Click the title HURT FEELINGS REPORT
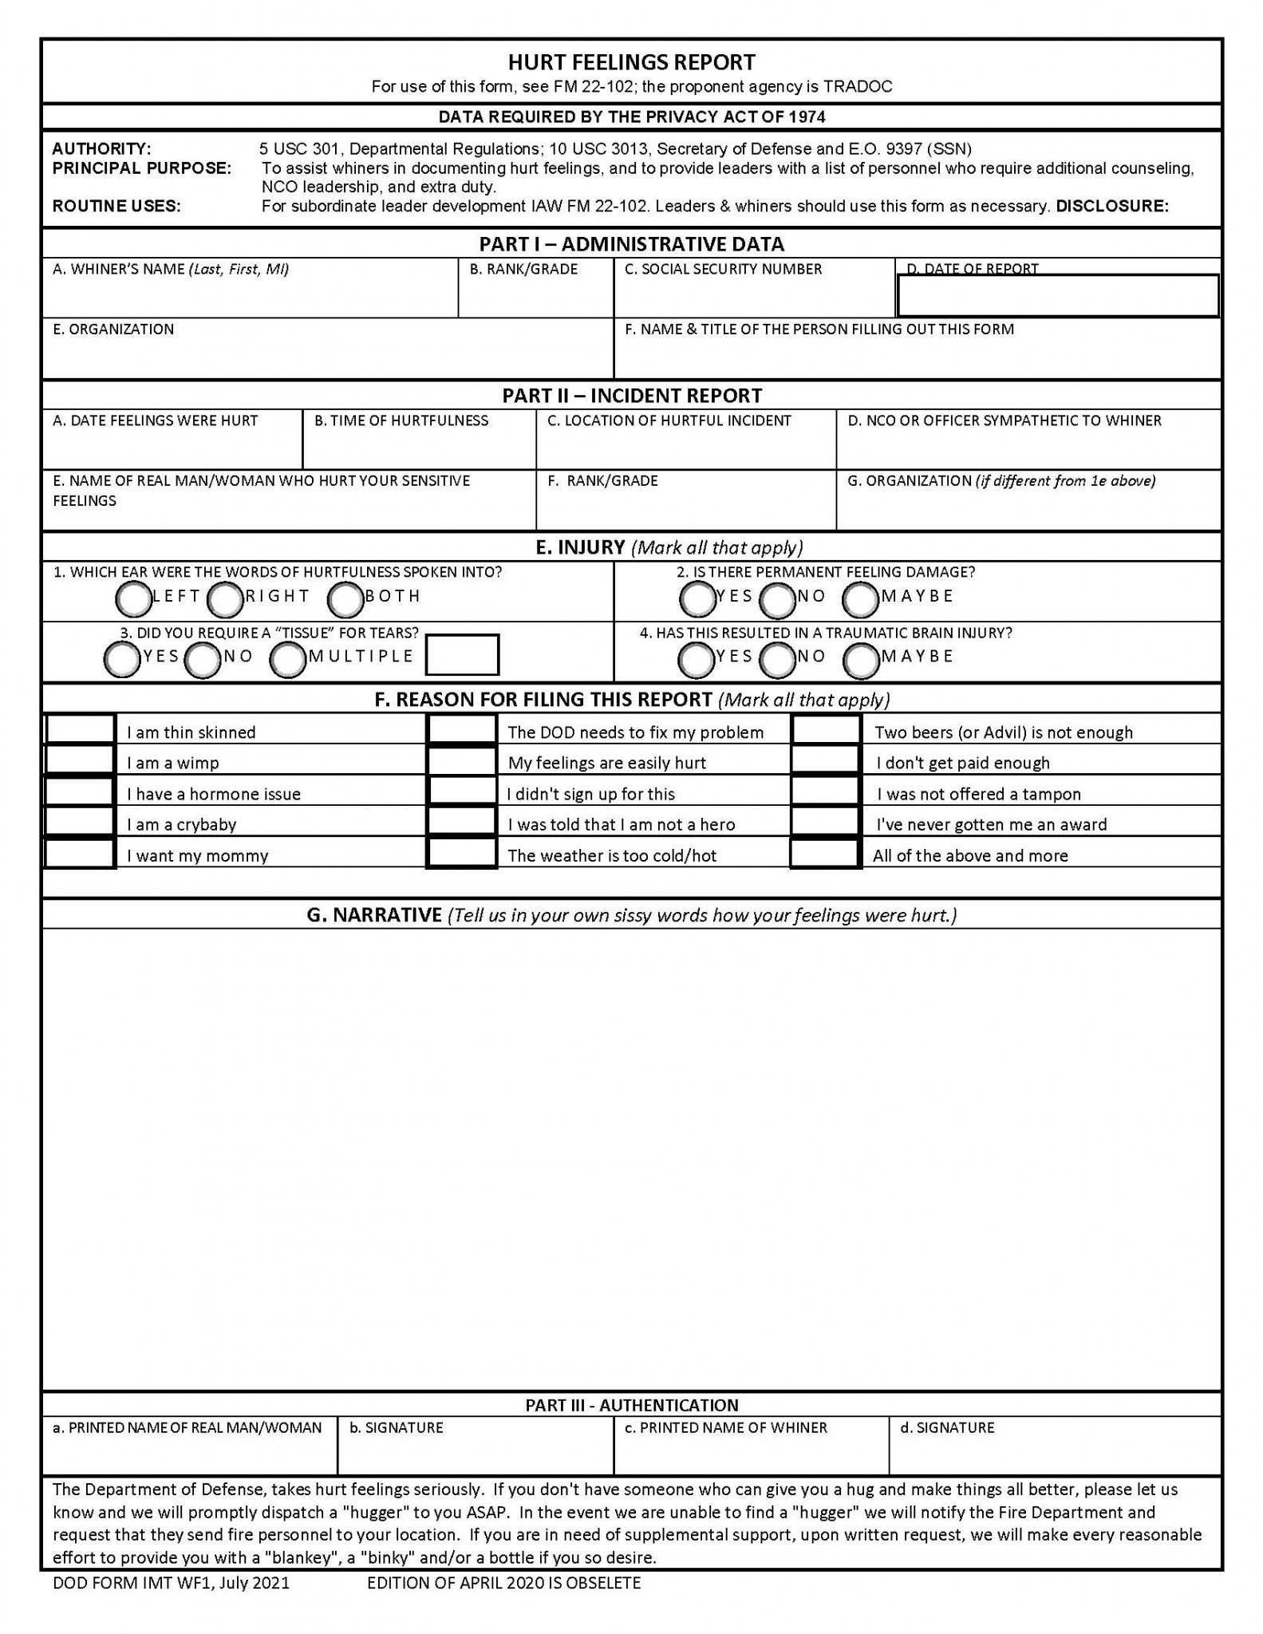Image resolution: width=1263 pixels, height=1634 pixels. click(x=631, y=62)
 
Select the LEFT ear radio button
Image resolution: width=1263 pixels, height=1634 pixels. click(x=133, y=599)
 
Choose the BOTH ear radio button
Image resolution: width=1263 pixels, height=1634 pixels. click(x=345, y=600)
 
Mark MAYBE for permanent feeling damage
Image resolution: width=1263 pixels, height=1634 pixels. click(x=860, y=600)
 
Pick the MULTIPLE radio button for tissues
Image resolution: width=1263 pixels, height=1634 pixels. click(x=287, y=660)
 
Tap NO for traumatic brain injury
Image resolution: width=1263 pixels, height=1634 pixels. click(x=778, y=660)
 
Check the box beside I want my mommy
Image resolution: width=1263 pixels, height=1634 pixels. click(x=80, y=854)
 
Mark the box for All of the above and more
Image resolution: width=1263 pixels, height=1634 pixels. click(x=826, y=854)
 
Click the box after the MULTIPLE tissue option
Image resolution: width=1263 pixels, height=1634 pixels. click(x=463, y=655)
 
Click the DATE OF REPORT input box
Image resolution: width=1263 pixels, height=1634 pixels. click(x=1058, y=296)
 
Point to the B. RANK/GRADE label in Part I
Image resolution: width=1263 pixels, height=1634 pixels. click(x=523, y=270)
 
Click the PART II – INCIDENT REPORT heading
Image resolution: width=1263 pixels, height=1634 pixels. click(x=631, y=396)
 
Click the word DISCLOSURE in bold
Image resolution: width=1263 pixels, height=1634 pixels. click(x=1112, y=207)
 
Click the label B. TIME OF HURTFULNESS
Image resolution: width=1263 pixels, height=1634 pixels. click(x=401, y=421)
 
